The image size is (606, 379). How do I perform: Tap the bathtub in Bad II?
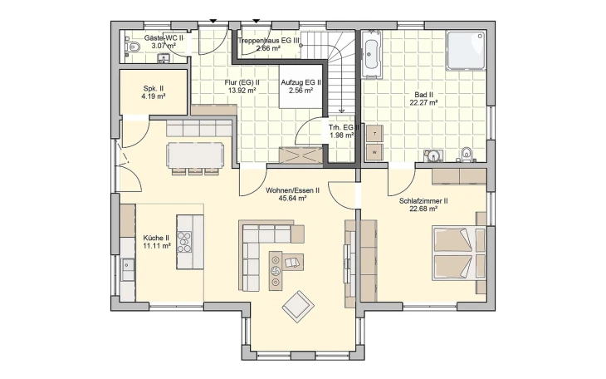[x=372, y=54]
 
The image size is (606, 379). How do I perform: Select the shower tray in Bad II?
[x=466, y=51]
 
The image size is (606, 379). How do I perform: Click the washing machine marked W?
[x=374, y=152]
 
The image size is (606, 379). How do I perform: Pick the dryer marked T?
[x=374, y=133]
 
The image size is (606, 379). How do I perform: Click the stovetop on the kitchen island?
[x=184, y=242]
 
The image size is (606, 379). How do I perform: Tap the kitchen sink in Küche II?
[x=127, y=265]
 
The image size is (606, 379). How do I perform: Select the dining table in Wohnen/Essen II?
[x=195, y=155]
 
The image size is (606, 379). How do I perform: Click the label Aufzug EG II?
[x=301, y=82]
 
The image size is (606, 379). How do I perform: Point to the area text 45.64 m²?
[x=292, y=198]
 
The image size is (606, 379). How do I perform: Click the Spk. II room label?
[x=154, y=89]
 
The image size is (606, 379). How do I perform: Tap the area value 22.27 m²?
[x=423, y=102]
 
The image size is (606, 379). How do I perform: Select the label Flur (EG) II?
[x=242, y=82]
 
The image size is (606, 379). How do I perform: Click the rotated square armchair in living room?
[x=298, y=307]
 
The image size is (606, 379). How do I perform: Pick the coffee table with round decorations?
[x=276, y=271]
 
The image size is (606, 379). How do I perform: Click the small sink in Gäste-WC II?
[x=164, y=58]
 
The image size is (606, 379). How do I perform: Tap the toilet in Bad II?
[x=467, y=154]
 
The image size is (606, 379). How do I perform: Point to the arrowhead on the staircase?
[x=342, y=111]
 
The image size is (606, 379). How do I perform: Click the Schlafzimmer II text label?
[x=423, y=201]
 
